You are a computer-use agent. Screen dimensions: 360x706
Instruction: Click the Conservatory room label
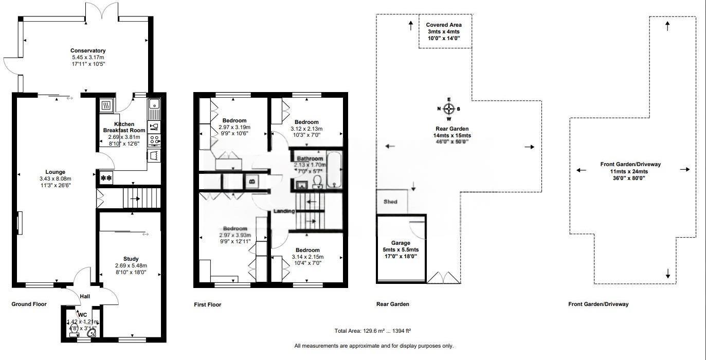pos(88,50)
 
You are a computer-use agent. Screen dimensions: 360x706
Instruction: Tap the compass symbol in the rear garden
pos(449,109)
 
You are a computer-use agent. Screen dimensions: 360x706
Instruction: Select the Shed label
pos(391,202)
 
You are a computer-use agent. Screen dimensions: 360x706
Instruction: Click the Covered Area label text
pos(444,25)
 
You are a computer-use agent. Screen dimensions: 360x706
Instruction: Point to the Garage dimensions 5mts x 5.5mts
pos(401,249)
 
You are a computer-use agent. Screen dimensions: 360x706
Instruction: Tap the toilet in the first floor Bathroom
pos(317,182)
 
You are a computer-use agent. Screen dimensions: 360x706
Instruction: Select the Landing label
pos(284,211)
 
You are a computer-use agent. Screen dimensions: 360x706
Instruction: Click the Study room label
pos(131,259)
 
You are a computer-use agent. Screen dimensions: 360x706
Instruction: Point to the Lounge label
pos(55,172)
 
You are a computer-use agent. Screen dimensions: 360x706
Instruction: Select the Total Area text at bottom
pos(373,331)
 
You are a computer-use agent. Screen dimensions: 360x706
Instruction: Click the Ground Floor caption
pos(29,304)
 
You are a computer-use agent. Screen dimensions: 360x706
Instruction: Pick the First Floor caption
pos(207,304)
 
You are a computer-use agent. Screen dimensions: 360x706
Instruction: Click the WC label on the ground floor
pos(82,314)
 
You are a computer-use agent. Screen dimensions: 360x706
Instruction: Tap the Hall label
pos(85,296)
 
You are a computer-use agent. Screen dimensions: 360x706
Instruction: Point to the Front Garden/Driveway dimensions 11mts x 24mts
pos(630,171)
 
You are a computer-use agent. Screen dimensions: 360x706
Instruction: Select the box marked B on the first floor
pos(252,181)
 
